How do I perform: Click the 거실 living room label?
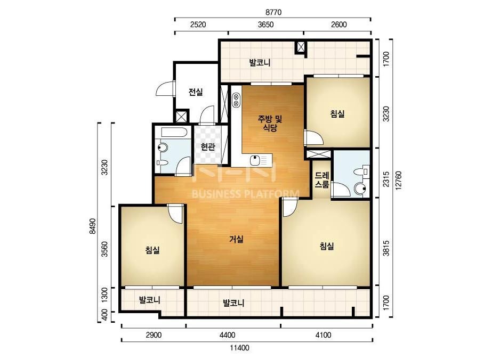click(236, 239)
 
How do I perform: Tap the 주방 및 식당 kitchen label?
click(270, 123)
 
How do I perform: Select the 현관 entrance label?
click(208, 146)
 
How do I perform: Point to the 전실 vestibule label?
click(196, 92)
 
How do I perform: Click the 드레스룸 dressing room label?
click(322, 180)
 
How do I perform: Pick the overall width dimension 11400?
click(239, 348)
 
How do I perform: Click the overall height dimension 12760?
click(399, 181)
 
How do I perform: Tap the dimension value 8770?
click(273, 12)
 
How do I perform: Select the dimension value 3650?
click(265, 24)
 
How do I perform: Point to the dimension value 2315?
click(386, 179)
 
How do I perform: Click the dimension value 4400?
click(227, 335)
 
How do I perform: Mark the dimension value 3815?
click(386, 248)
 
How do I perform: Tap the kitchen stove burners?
click(236, 100)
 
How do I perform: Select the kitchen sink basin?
click(255, 160)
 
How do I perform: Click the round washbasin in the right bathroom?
click(360, 189)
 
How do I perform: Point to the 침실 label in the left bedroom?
click(152, 250)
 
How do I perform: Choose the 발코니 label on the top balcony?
click(260, 63)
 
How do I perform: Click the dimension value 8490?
click(92, 226)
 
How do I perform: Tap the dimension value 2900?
click(154, 335)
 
